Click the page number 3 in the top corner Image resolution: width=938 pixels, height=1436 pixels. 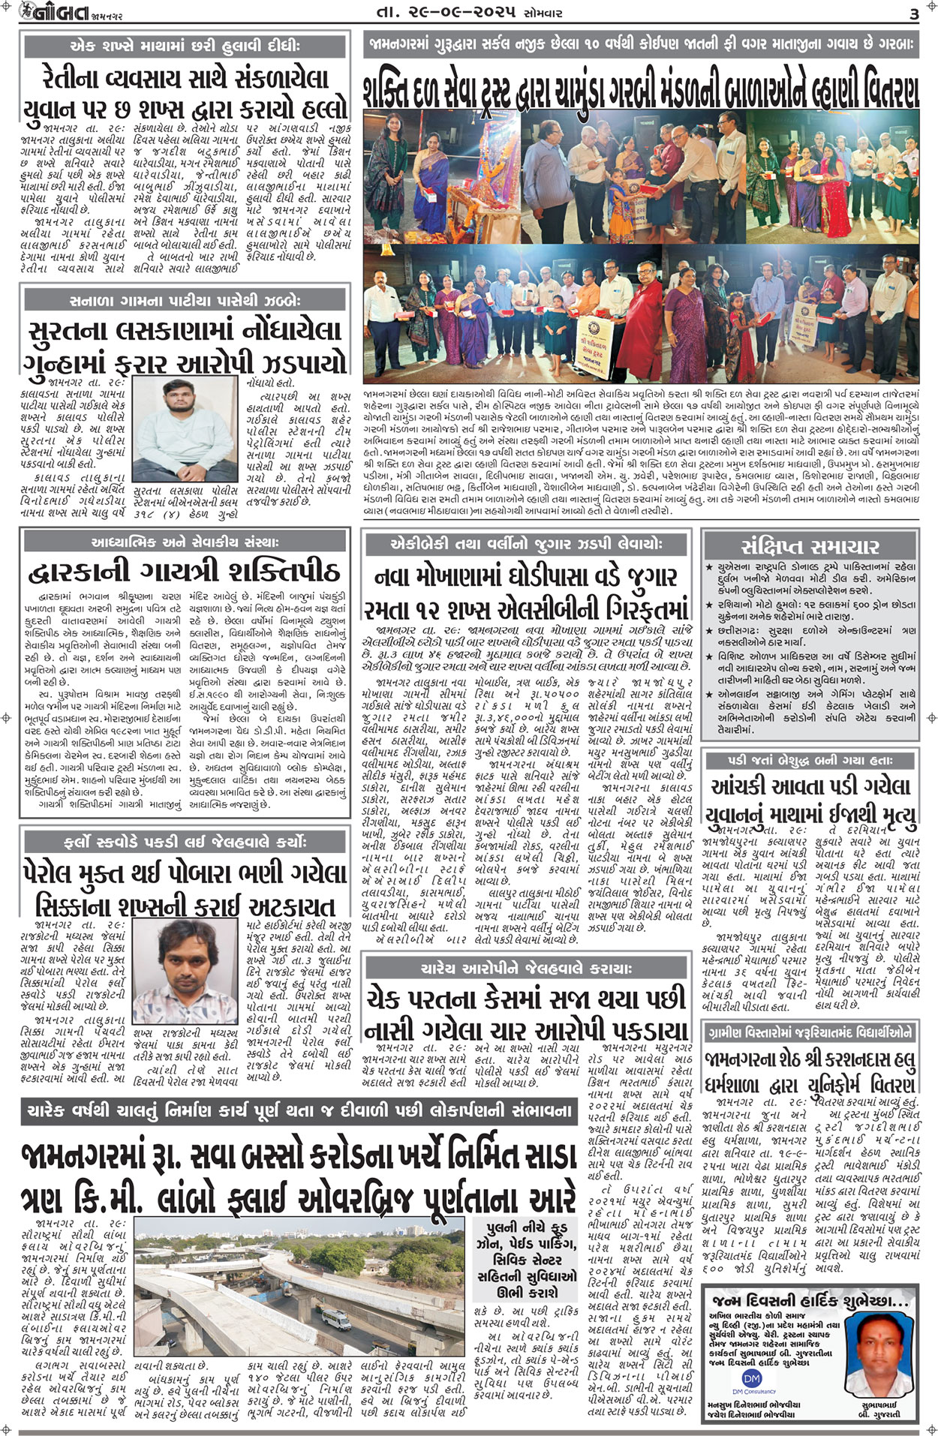pos(913,14)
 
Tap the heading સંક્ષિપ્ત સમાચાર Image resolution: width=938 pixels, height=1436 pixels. pos(809,546)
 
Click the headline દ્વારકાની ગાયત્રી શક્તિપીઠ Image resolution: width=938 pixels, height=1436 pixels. pos(185,574)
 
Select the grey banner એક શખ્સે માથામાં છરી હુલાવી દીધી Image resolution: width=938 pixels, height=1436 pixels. pos(185,47)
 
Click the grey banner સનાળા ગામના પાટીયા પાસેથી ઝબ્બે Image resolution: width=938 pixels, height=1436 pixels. pos(185,301)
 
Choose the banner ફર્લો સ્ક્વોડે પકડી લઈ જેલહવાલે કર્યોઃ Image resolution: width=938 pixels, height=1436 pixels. pos(185,842)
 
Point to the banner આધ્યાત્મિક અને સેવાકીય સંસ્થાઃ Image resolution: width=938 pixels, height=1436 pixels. pos(185,542)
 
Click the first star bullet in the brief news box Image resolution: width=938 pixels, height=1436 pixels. pos(709,569)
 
